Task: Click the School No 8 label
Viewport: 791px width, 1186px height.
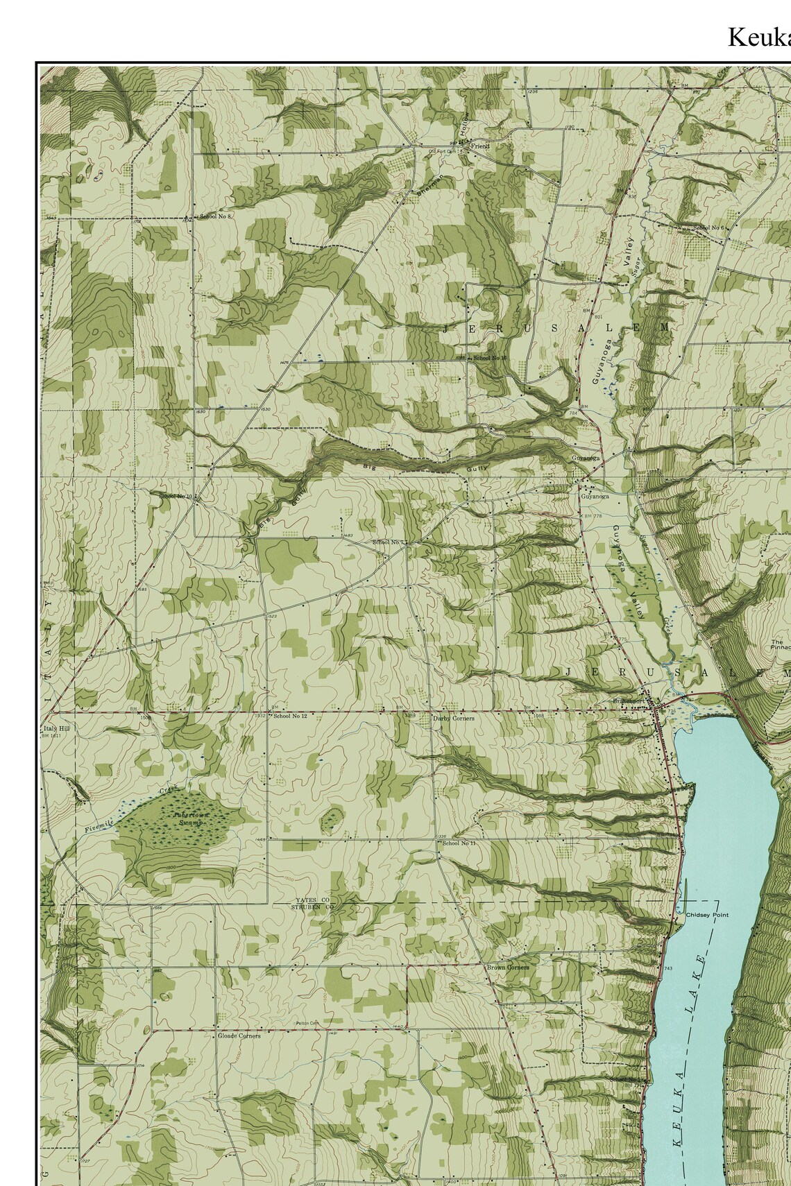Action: coord(215,216)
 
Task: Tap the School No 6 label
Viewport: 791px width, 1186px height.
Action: coord(708,227)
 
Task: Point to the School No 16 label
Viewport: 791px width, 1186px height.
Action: coord(491,357)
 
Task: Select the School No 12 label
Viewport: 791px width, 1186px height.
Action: coord(290,716)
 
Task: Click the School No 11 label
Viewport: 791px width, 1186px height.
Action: coord(459,843)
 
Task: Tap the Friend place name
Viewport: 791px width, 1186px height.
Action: coord(480,146)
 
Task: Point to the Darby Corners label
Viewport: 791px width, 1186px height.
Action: coord(454,718)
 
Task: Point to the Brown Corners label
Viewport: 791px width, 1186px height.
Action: coord(507,967)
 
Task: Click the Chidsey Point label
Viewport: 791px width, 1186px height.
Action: coord(707,915)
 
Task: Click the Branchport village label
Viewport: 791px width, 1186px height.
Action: coord(628,701)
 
